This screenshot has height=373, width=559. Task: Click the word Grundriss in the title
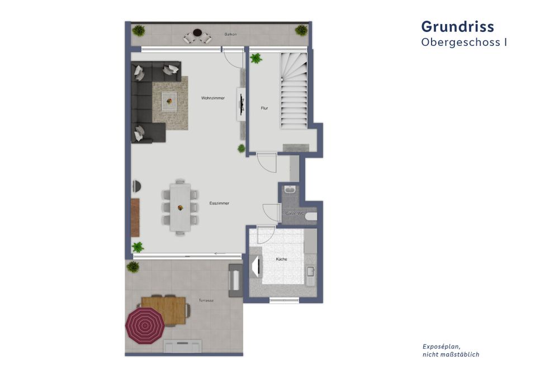pyautogui.click(x=457, y=26)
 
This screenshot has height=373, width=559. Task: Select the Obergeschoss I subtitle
pyautogui.click(x=464, y=42)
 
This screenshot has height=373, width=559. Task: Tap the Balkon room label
pyautogui.click(x=230, y=35)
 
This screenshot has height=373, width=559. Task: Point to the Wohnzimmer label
pyautogui.click(x=213, y=98)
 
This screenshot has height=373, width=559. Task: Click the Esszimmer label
pyautogui.click(x=219, y=203)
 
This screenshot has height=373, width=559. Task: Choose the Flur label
pyautogui.click(x=264, y=108)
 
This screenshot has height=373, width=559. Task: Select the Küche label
pyautogui.click(x=281, y=259)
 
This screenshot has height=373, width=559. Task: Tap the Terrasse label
pyautogui.click(x=206, y=300)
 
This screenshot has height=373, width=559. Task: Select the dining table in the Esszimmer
pyautogui.click(x=180, y=207)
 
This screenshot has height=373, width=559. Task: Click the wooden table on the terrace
pyautogui.click(x=164, y=309)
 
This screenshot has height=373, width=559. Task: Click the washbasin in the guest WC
pyautogui.click(x=290, y=190)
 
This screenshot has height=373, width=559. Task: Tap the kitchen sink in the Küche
pyautogui.click(x=310, y=273)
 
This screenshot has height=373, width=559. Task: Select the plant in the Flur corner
pyautogui.click(x=256, y=58)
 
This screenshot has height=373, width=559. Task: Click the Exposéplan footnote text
pyautogui.click(x=451, y=350)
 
